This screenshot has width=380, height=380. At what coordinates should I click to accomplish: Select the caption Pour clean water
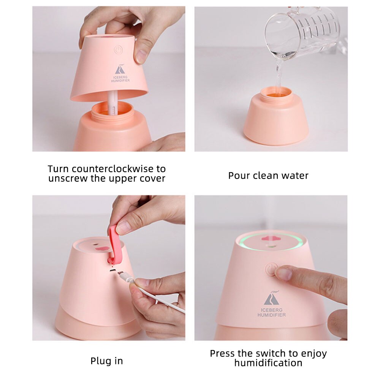pos(268,176)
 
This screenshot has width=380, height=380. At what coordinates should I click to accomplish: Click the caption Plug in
pos(106,361)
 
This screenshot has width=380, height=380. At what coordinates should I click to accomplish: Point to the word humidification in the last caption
pos(268,363)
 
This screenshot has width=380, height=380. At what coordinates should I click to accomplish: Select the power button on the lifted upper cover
pos(118,50)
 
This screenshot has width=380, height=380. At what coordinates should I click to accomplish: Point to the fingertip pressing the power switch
pos(283,273)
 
